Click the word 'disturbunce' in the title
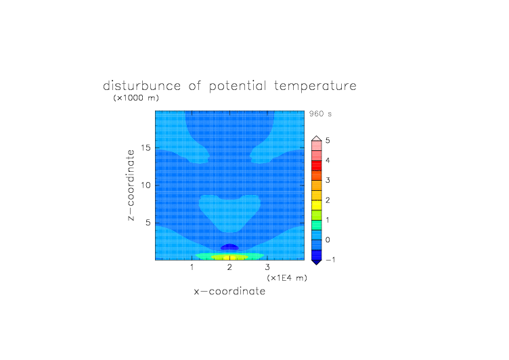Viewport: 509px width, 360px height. pos(141,86)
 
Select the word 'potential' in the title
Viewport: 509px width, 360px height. pos(238,87)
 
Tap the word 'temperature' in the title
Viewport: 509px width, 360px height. pos(315,87)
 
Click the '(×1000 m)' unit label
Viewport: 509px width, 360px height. pos(136,97)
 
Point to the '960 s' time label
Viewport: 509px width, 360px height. pos(320,114)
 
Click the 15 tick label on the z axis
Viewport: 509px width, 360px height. pos(146,148)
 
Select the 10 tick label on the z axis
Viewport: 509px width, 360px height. pos(146,185)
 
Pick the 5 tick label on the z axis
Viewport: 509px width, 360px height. pos(148,223)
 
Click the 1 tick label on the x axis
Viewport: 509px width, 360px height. pos(192,267)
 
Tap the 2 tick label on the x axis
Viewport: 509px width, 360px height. pos(229,267)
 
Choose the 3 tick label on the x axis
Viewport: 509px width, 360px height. pos(267,267)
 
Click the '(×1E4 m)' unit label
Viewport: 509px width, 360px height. pos(287,278)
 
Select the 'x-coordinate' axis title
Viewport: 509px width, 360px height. pos(229,291)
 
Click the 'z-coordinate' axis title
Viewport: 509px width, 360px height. pos(131,185)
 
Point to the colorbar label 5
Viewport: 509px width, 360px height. pos(328,140)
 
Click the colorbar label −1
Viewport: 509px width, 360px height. pos(330,259)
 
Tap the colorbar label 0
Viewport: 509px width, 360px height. pos(328,240)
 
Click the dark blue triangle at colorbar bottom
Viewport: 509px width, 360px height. pos(317,262)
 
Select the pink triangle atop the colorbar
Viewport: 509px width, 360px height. pos(317,139)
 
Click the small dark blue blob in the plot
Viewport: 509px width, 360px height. pos(229,247)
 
